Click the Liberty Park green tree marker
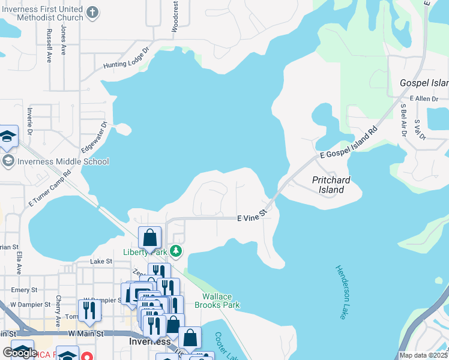pyautogui.click(x=175, y=251)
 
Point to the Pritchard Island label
pyautogui.click(x=331, y=185)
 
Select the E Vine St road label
pyautogui.click(x=252, y=218)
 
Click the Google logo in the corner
pyautogui.click(x=20, y=352)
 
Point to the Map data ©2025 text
pyautogui.click(x=424, y=355)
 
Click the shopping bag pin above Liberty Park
pyautogui.click(x=149, y=238)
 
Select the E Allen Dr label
pyautogui.click(x=424, y=98)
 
